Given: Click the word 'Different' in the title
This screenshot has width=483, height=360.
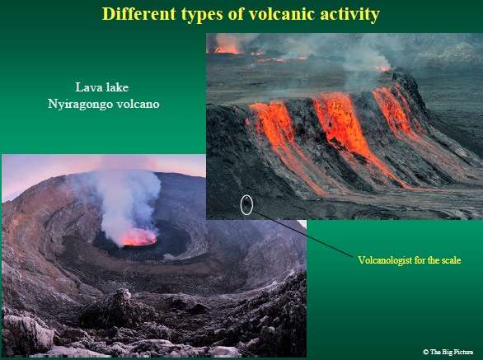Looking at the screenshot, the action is click(138, 13).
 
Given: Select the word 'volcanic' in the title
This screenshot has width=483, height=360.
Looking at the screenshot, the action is click(282, 13).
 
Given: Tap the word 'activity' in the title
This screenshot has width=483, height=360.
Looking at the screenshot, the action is click(349, 15).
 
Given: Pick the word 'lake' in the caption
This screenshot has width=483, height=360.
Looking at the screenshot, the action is click(117, 87).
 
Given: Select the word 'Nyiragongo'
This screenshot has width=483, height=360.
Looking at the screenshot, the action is click(80, 105).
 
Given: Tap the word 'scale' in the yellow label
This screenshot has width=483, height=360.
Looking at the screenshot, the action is click(452, 260).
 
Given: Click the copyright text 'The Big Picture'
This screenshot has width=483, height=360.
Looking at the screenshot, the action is click(452, 352).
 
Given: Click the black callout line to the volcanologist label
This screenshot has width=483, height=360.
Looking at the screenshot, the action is click(303, 234).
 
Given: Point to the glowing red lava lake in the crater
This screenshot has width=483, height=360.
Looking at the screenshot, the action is click(139, 237).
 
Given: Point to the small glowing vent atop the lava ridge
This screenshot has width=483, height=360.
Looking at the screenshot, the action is click(383, 68).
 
